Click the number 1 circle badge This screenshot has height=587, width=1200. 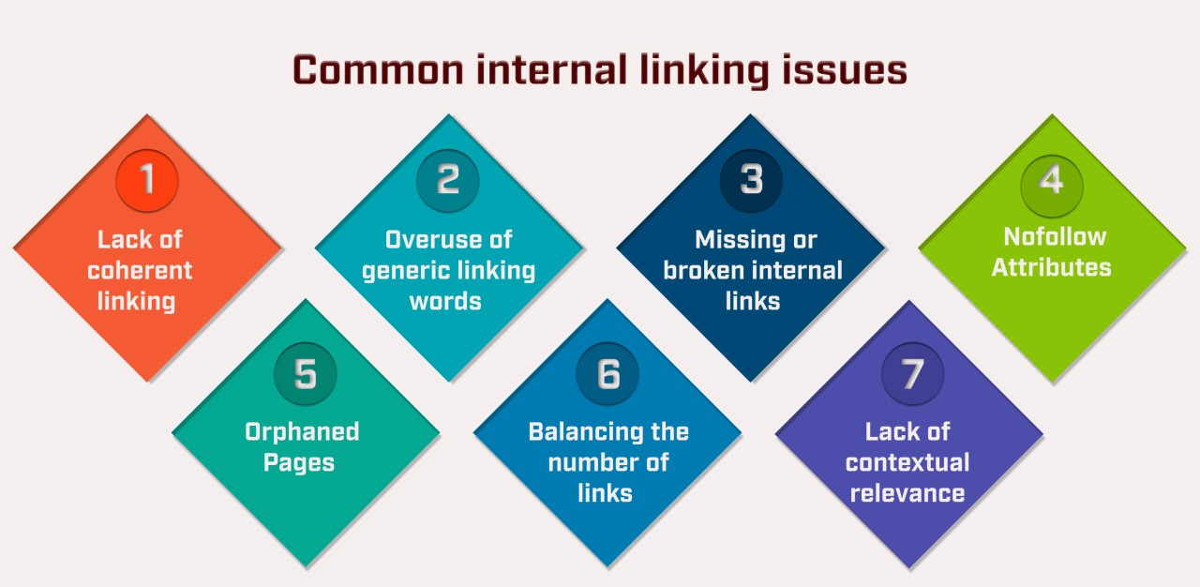click(147, 180)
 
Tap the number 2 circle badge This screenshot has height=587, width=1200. click(448, 180)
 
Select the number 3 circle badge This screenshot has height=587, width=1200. click(751, 180)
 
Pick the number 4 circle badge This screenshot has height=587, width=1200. click(1052, 186)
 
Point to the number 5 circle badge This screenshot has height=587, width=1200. click(306, 373)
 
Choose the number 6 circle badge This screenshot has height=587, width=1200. click(607, 373)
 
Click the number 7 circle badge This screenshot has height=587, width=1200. click(913, 373)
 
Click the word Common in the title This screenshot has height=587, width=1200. click(379, 70)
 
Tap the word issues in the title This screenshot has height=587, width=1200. click(845, 70)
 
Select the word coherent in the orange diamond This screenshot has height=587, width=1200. click(140, 270)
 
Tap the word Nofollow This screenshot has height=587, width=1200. click(1055, 236)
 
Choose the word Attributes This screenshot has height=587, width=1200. click(1052, 267)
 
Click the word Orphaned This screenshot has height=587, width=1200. click(302, 431)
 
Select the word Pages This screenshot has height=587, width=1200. click(299, 462)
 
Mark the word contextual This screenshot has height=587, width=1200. click(907, 462)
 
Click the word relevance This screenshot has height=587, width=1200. click(907, 493)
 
